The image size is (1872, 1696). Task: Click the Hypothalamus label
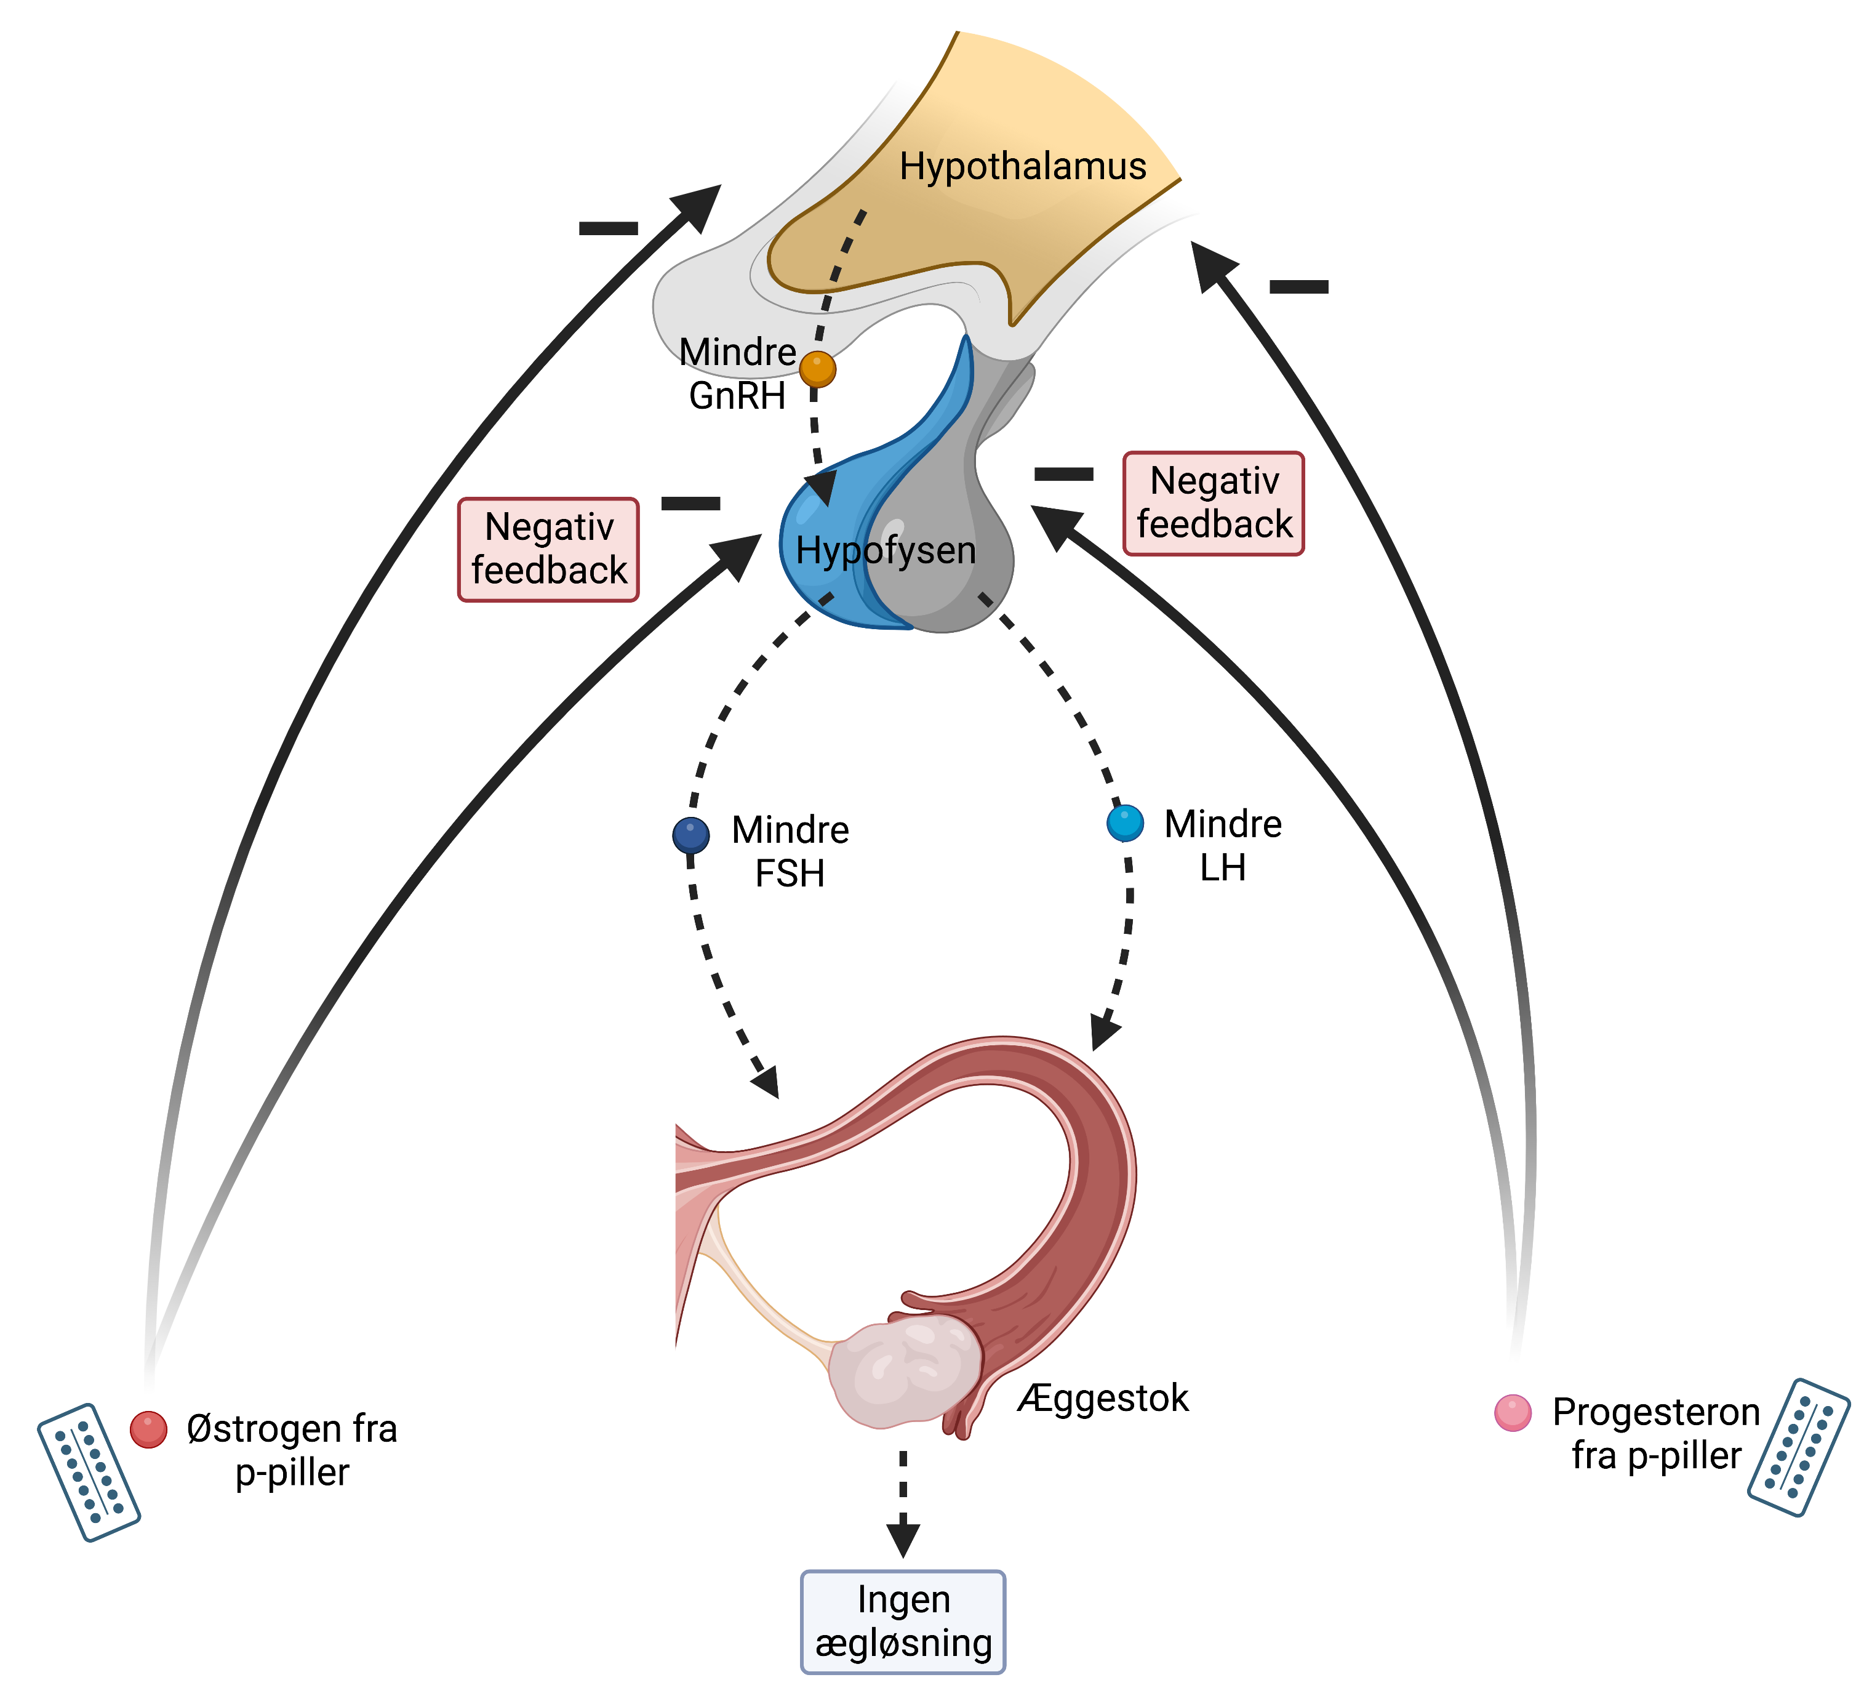[x=1022, y=167]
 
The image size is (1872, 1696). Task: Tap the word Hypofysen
[x=886, y=551]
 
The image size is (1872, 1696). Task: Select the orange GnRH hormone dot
[x=817, y=369]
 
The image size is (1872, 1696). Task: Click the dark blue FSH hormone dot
[x=691, y=835]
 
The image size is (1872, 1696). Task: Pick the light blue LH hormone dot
[x=1126, y=823]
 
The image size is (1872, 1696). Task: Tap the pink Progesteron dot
[x=1513, y=1413]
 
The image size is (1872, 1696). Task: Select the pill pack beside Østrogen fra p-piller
[x=88, y=1472]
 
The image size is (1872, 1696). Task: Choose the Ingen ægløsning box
[x=903, y=1622]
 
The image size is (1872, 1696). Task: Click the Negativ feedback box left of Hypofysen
[x=549, y=550]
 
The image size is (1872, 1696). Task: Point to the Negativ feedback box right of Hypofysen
[x=1214, y=504]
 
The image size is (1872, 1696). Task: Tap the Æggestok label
[x=1103, y=1399]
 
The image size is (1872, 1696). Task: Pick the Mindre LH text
[x=1223, y=846]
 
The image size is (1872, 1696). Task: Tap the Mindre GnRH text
[x=737, y=374]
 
